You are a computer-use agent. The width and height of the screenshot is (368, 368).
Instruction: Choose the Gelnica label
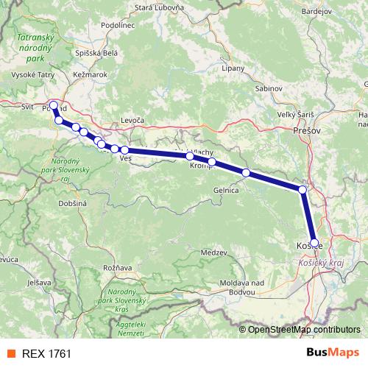point(226,190)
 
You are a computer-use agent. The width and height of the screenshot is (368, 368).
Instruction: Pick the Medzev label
point(213,252)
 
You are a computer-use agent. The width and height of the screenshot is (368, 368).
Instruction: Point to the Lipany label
point(233,68)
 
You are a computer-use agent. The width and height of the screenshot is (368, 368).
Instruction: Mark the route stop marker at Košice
point(314,242)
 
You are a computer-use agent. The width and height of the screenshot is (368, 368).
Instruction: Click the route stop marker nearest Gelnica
point(246,173)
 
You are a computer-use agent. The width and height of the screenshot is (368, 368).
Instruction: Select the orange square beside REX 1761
point(10,354)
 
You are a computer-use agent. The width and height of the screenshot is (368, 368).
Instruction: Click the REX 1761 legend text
point(46,354)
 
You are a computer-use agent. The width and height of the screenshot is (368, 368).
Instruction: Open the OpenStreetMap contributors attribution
point(303,329)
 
